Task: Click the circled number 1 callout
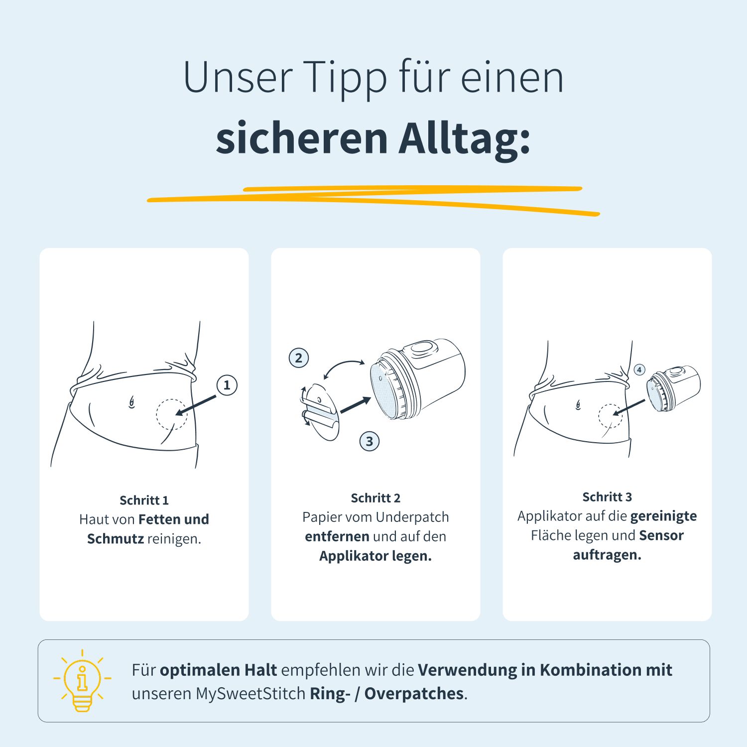227,385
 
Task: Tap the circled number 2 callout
299,358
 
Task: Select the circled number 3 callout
369,441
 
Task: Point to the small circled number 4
639,370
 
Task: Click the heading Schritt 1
144,500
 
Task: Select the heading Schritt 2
375,498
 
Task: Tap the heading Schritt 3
607,497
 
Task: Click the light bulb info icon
82,680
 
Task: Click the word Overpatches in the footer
414,693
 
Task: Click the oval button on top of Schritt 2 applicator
422,347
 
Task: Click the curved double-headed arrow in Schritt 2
344,369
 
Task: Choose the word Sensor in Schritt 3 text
661,535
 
